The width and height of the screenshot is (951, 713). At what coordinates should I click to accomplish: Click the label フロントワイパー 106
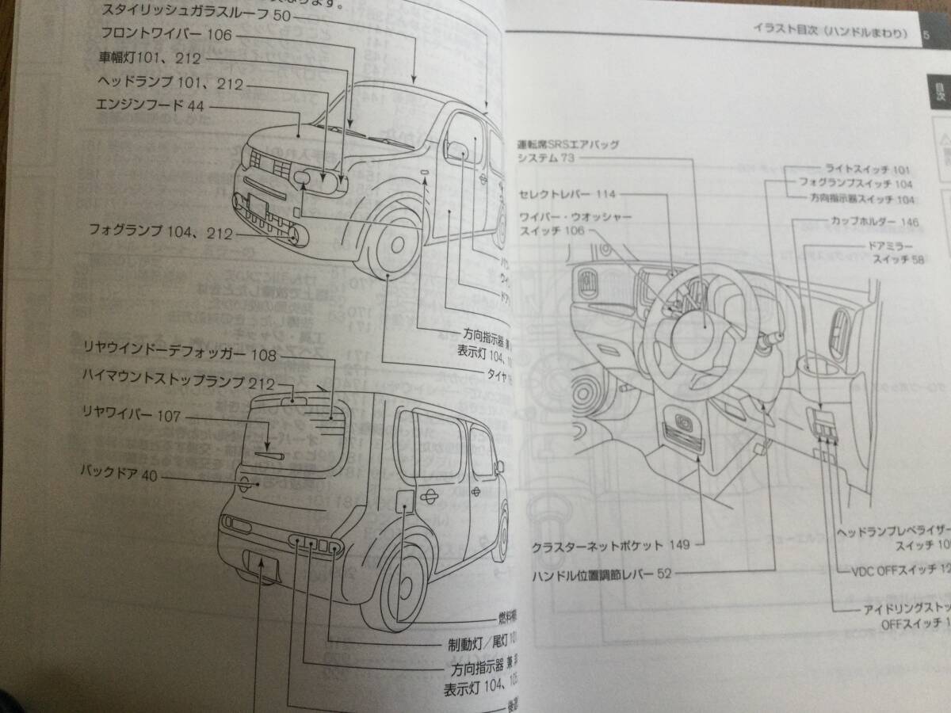(155, 34)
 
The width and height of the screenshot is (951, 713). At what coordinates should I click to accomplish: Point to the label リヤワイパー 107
(132, 414)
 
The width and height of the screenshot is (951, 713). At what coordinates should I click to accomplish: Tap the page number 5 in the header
(926, 34)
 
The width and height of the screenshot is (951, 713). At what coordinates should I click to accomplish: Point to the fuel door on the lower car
(403, 501)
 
